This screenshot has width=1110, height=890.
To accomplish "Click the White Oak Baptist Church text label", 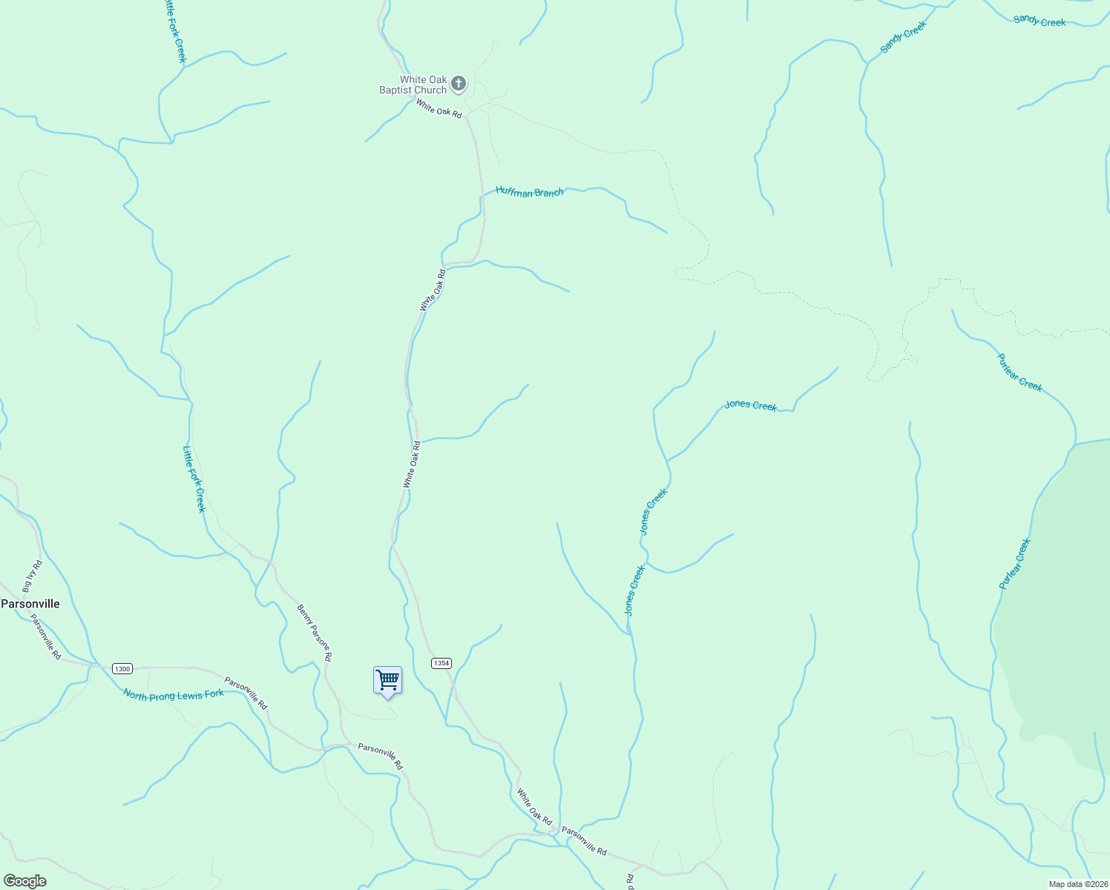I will click(413, 85).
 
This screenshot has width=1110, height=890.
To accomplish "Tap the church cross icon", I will click(459, 84).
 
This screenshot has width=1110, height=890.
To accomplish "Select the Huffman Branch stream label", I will click(530, 192).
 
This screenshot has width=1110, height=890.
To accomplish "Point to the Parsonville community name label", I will click(30, 604).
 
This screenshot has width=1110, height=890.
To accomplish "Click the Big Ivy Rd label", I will click(33, 577).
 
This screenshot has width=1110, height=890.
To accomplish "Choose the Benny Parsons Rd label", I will click(315, 633).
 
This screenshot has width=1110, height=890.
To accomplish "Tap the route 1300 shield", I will click(122, 669).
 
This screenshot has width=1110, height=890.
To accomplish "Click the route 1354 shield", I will click(441, 663).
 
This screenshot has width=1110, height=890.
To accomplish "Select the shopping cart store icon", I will click(387, 680).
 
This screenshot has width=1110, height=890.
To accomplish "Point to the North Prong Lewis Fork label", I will click(174, 695).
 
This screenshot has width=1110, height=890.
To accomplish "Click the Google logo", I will click(25, 881).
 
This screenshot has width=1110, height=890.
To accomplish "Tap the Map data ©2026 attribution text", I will click(1077, 884).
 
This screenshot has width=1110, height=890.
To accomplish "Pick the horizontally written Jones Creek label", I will click(751, 405).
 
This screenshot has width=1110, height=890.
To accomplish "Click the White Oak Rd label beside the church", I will click(439, 109).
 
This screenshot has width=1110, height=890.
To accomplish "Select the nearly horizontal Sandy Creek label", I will click(1040, 22).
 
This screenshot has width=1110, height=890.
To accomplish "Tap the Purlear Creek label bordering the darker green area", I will click(1015, 564).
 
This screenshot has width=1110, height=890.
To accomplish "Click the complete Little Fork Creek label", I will click(194, 478).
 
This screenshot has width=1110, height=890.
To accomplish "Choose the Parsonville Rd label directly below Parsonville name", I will click(46, 636).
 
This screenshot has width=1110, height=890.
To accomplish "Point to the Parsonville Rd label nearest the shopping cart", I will click(380, 756).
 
